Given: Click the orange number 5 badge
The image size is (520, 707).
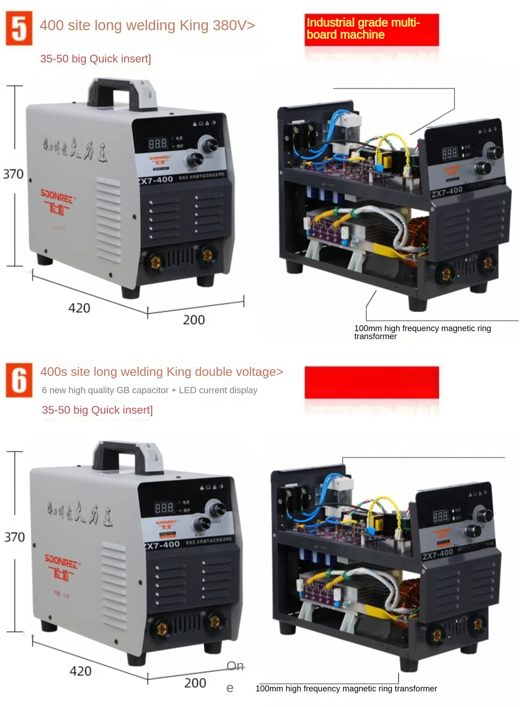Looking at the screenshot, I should (x=19, y=28).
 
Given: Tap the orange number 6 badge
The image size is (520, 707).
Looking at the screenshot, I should (x=19, y=380).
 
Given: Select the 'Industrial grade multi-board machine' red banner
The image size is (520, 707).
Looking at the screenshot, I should (x=371, y=29).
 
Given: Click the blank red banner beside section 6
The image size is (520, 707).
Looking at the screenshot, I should (x=371, y=382).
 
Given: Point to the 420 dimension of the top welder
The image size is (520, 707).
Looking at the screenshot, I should (x=79, y=308).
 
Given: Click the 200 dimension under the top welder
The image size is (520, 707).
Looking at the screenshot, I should (x=194, y=320).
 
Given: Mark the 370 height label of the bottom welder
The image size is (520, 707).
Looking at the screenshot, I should (x=14, y=537).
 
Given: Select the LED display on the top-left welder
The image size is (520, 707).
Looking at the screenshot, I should (x=158, y=143).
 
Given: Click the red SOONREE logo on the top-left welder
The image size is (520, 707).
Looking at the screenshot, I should (x=57, y=201).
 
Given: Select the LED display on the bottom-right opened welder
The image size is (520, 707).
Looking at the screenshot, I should (x=440, y=517).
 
